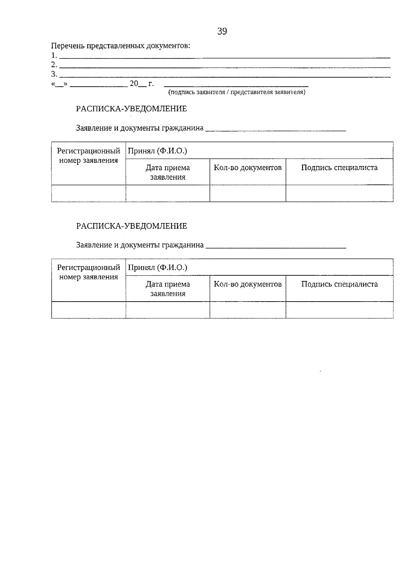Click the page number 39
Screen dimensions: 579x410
222,32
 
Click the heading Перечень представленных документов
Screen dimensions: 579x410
121,46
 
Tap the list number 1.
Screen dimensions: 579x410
54,55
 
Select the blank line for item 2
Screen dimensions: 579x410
225,67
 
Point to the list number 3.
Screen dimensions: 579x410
54,74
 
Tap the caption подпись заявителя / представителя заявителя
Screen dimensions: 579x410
236,92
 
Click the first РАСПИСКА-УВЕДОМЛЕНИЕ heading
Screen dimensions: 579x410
132,109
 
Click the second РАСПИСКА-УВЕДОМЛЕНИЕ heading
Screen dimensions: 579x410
132,226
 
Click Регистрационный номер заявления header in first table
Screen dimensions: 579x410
88,156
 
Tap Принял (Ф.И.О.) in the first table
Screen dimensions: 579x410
158,151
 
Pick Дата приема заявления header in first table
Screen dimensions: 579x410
168,172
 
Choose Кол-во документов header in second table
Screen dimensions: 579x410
248,284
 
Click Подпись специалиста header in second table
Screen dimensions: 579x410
339,284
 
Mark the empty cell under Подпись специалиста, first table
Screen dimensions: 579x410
339,193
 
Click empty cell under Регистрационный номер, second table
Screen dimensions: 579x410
88,310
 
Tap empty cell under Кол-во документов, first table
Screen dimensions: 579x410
248,193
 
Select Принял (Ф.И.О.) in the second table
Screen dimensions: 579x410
158,267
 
